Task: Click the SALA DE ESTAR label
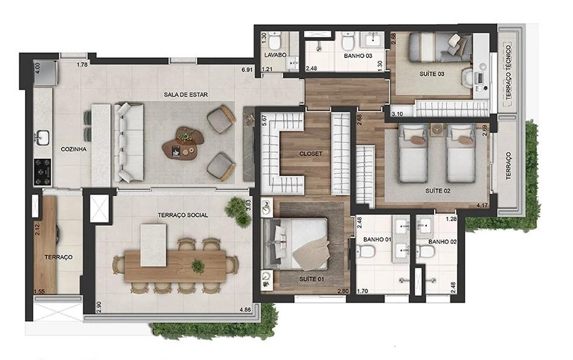tap(186, 94)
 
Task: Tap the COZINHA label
tap(74, 149)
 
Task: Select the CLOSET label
tap(311, 154)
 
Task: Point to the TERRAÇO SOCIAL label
tap(183, 215)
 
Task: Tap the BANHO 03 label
tap(358, 56)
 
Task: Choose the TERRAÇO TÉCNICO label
tap(509, 72)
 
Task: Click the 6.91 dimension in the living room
tap(247, 69)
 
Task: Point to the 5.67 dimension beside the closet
tap(264, 120)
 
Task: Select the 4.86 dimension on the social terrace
tap(245, 310)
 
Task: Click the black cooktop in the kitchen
tap(42, 172)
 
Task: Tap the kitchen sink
tap(42, 138)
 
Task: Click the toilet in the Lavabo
tap(275, 41)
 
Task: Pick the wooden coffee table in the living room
tap(183, 142)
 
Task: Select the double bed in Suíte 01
tap(296, 244)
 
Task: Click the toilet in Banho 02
tap(425, 251)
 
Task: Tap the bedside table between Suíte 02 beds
tap(437, 130)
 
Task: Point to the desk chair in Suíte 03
tap(466, 77)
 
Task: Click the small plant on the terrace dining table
tap(198, 266)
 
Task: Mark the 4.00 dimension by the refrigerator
tap(37, 68)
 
